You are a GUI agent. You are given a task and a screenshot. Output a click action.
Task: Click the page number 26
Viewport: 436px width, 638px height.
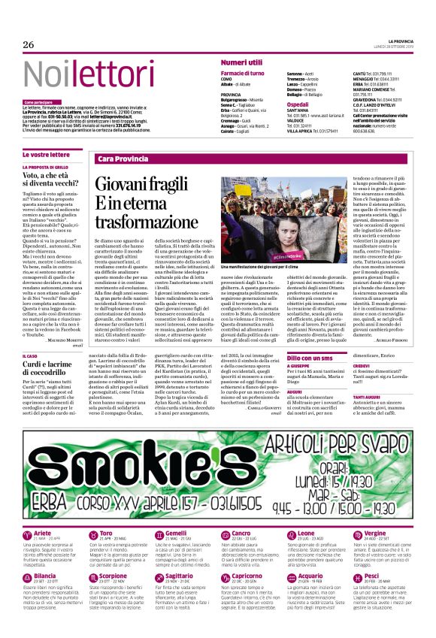coord(28,45)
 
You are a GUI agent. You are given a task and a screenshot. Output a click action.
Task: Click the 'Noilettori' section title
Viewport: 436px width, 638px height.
coord(78,74)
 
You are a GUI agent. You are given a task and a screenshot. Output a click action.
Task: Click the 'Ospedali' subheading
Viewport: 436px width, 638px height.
coord(298,104)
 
